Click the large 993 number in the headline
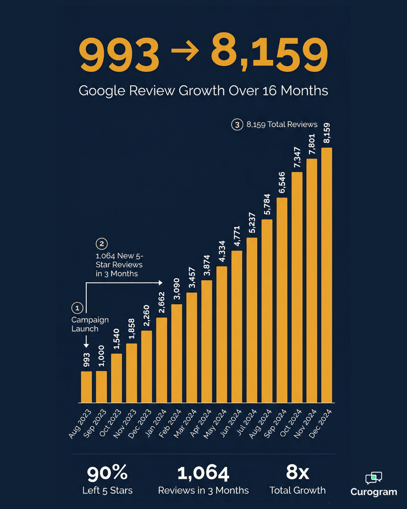pos(119,55)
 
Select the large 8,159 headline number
pos(269,53)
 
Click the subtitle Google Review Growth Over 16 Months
pos(203,91)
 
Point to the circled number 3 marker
pos(237,124)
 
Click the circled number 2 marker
pos(102,244)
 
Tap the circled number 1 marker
pos(77,308)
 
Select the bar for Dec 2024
pos(326,275)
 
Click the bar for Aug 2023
pos(86,387)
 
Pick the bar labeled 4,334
pos(222,334)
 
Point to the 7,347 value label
pos(297,158)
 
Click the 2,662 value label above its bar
pos(162,302)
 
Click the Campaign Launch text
pos(90,324)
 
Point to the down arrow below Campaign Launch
pos(86,341)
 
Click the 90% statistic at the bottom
pos(107,473)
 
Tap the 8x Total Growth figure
pos(297,472)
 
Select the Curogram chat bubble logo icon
pos(373,478)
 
